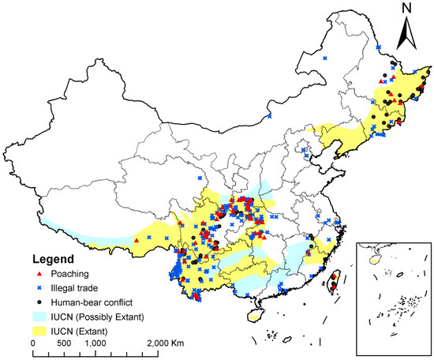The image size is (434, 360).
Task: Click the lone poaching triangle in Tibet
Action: [x=137, y=239]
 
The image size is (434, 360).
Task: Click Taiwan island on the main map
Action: [x=333, y=279]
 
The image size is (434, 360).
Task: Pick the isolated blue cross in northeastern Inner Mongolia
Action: [x=325, y=57]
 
